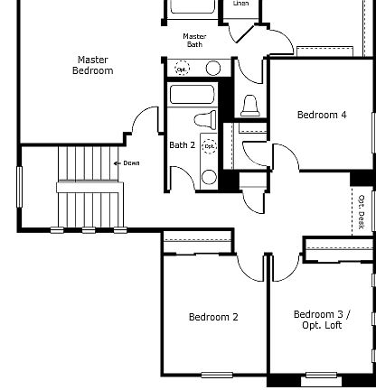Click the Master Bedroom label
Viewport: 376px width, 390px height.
pyautogui.click(x=94, y=65)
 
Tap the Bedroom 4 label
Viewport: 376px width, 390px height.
pyautogui.click(x=321, y=115)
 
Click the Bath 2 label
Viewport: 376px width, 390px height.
pyautogui.click(x=183, y=144)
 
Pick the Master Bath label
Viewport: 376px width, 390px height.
pyautogui.click(x=195, y=40)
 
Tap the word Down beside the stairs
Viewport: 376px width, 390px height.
pyautogui.click(x=131, y=163)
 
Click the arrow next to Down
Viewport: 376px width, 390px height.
pyautogui.click(x=117, y=163)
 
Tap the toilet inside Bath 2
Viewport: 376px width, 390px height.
pyautogui.click(x=205, y=119)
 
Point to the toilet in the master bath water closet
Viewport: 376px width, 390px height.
pyautogui.click(x=251, y=106)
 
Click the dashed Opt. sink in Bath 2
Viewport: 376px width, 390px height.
pyautogui.click(x=209, y=145)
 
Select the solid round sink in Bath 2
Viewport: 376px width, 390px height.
pyautogui.click(x=209, y=176)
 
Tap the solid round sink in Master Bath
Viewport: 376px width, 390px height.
pyautogui.click(x=214, y=69)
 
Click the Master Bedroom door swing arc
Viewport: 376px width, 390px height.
pyautogui.click(x=145, y=121)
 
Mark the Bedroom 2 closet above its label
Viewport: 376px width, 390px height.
pyautogui.click(x=197, y=241)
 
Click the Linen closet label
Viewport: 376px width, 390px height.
pyautogui.click(x=240, y=4)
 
